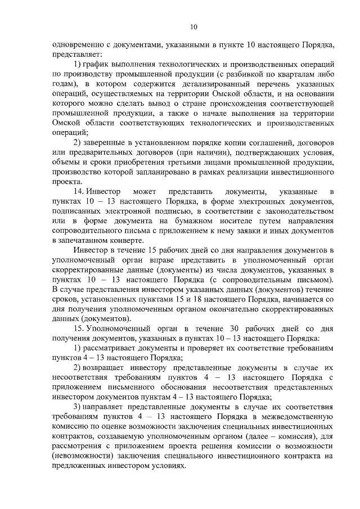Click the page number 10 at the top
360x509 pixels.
(x=193, y=26)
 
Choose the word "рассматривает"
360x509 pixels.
(x=113, y=346)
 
